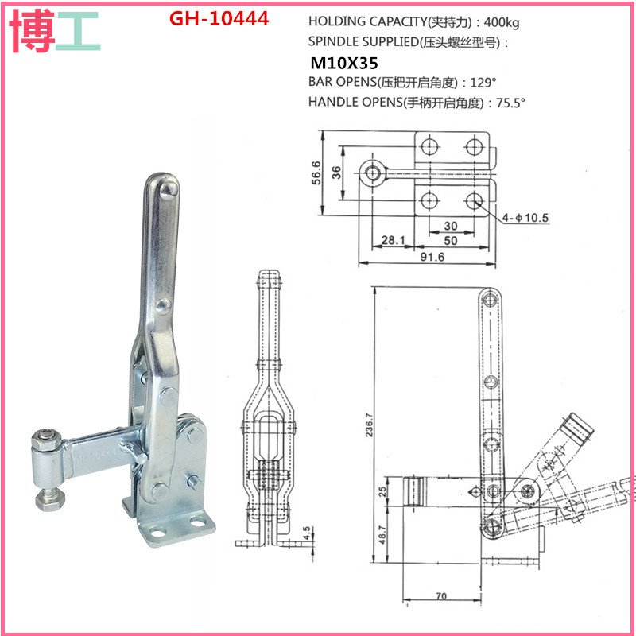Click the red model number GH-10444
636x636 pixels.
point(219,17)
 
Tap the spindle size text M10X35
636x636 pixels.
point(343,62)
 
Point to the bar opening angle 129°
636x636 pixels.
point(482,82)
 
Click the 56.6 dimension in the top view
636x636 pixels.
point(316,171)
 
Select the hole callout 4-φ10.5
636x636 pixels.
point(525,216)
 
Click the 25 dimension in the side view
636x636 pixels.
point(381,490)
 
